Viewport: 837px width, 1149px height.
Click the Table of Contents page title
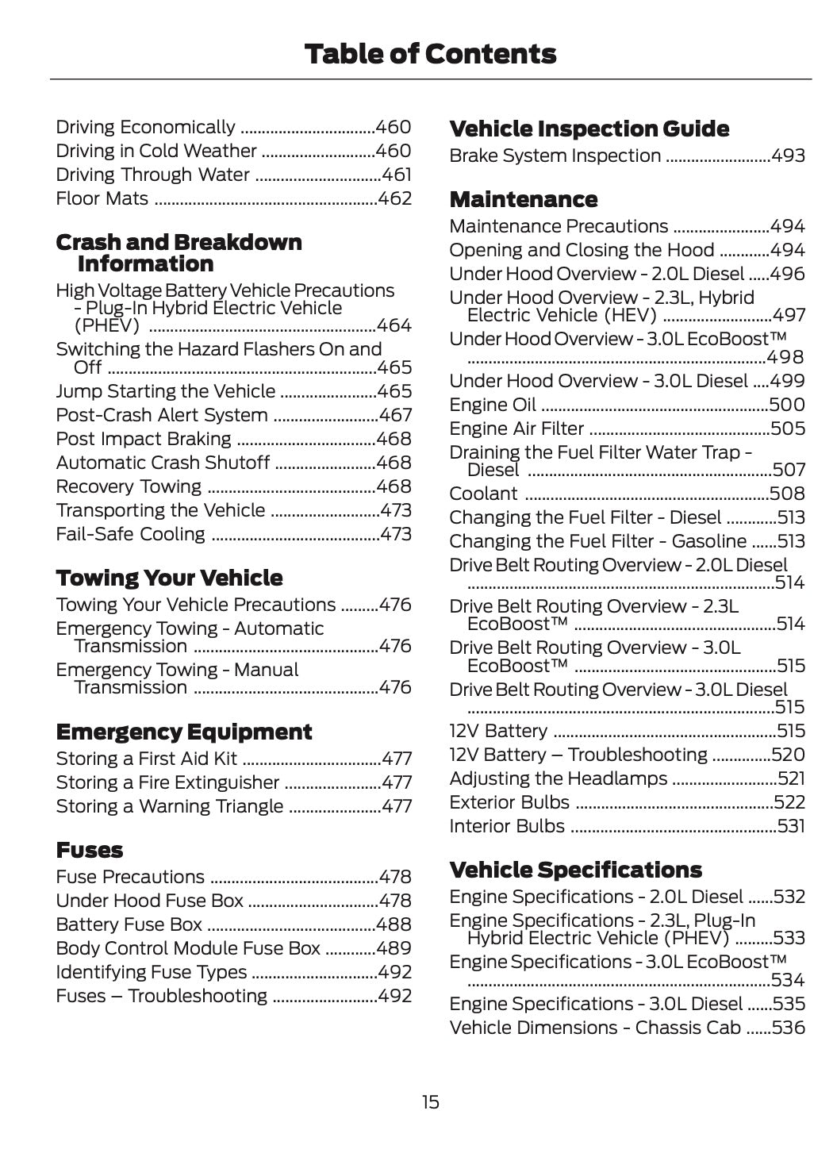click(430, 54)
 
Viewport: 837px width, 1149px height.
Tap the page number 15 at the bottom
click(430, 1102)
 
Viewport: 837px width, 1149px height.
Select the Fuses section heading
click(90, 850)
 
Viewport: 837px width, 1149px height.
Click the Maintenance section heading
click(524, 199)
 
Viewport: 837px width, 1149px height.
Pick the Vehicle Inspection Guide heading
click(589, 129)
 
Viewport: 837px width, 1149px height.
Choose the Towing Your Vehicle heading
click(169, 578)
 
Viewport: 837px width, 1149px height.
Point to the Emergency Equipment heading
click(184, 732)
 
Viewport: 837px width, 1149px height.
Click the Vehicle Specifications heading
click(575, 870)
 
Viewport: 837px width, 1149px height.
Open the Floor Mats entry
click(102, 198)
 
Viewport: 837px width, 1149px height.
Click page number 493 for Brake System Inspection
click(789, 156)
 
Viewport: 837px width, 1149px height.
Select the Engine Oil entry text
click(493, 405)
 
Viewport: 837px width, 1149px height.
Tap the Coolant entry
click(483, 494)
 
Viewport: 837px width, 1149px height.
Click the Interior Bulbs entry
click(507, 826)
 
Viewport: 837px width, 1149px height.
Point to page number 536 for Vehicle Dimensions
click(789, 1028)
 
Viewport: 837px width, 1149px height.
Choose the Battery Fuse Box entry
click(129, 924)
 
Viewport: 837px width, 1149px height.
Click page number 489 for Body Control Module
click(394, 948)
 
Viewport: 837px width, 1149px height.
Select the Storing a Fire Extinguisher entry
click(167, 782)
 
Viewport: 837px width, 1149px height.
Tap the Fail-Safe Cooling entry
click(130, 534)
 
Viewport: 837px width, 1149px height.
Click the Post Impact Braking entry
click(144, 439)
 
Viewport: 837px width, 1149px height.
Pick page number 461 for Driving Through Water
click(397, 175)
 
